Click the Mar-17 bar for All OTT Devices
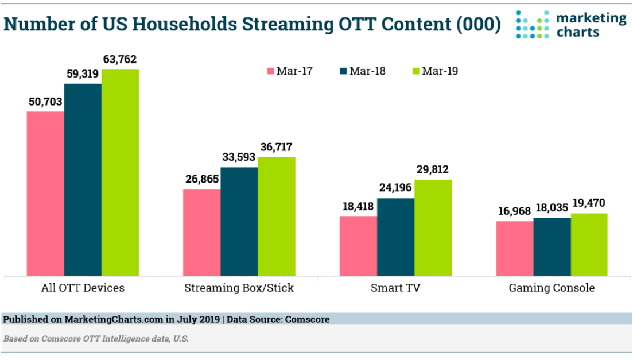[x=45, y=193]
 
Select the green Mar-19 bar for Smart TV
[x=433, y=227]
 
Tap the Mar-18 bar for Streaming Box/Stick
[x=239, y=221]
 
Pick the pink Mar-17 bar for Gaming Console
[x=515, y=248]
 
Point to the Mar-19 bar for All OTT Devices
[x=120, y=172]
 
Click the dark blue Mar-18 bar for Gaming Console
[x=552, y=246]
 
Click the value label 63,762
[x=120, y=59]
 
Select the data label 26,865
[x=202, y=179]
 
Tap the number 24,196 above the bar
[x=395, y=188]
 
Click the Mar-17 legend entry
[x=290, y=71]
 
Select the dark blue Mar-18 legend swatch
[x=344, y=71]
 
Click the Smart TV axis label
[x=395, y=288]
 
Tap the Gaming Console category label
[x=552, y=288]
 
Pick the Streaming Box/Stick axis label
[x=239, y=288]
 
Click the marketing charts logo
[x=571, y=24]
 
